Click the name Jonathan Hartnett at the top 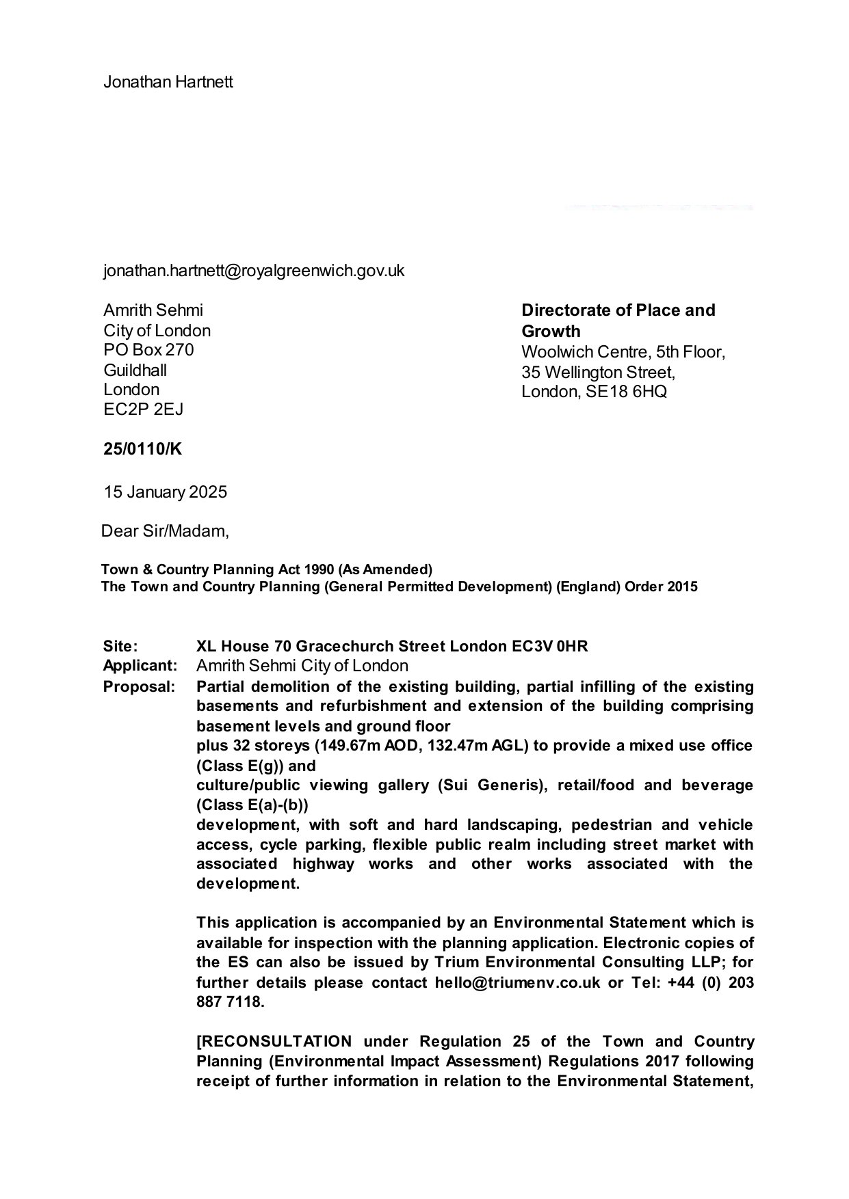point(168,82)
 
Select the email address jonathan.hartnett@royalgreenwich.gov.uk point(254,271)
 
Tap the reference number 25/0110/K point(143,449)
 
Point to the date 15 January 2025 point(165,492)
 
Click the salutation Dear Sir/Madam point(165,531)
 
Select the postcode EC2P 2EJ point(143,409)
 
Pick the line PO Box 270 point(148,350)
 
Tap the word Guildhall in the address point(135,371)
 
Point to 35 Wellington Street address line point(598,373)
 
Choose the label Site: point(120,646)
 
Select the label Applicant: point(140,666)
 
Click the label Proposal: point(139,686)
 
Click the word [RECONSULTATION point(274,1042)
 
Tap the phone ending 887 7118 point(228,1003)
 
